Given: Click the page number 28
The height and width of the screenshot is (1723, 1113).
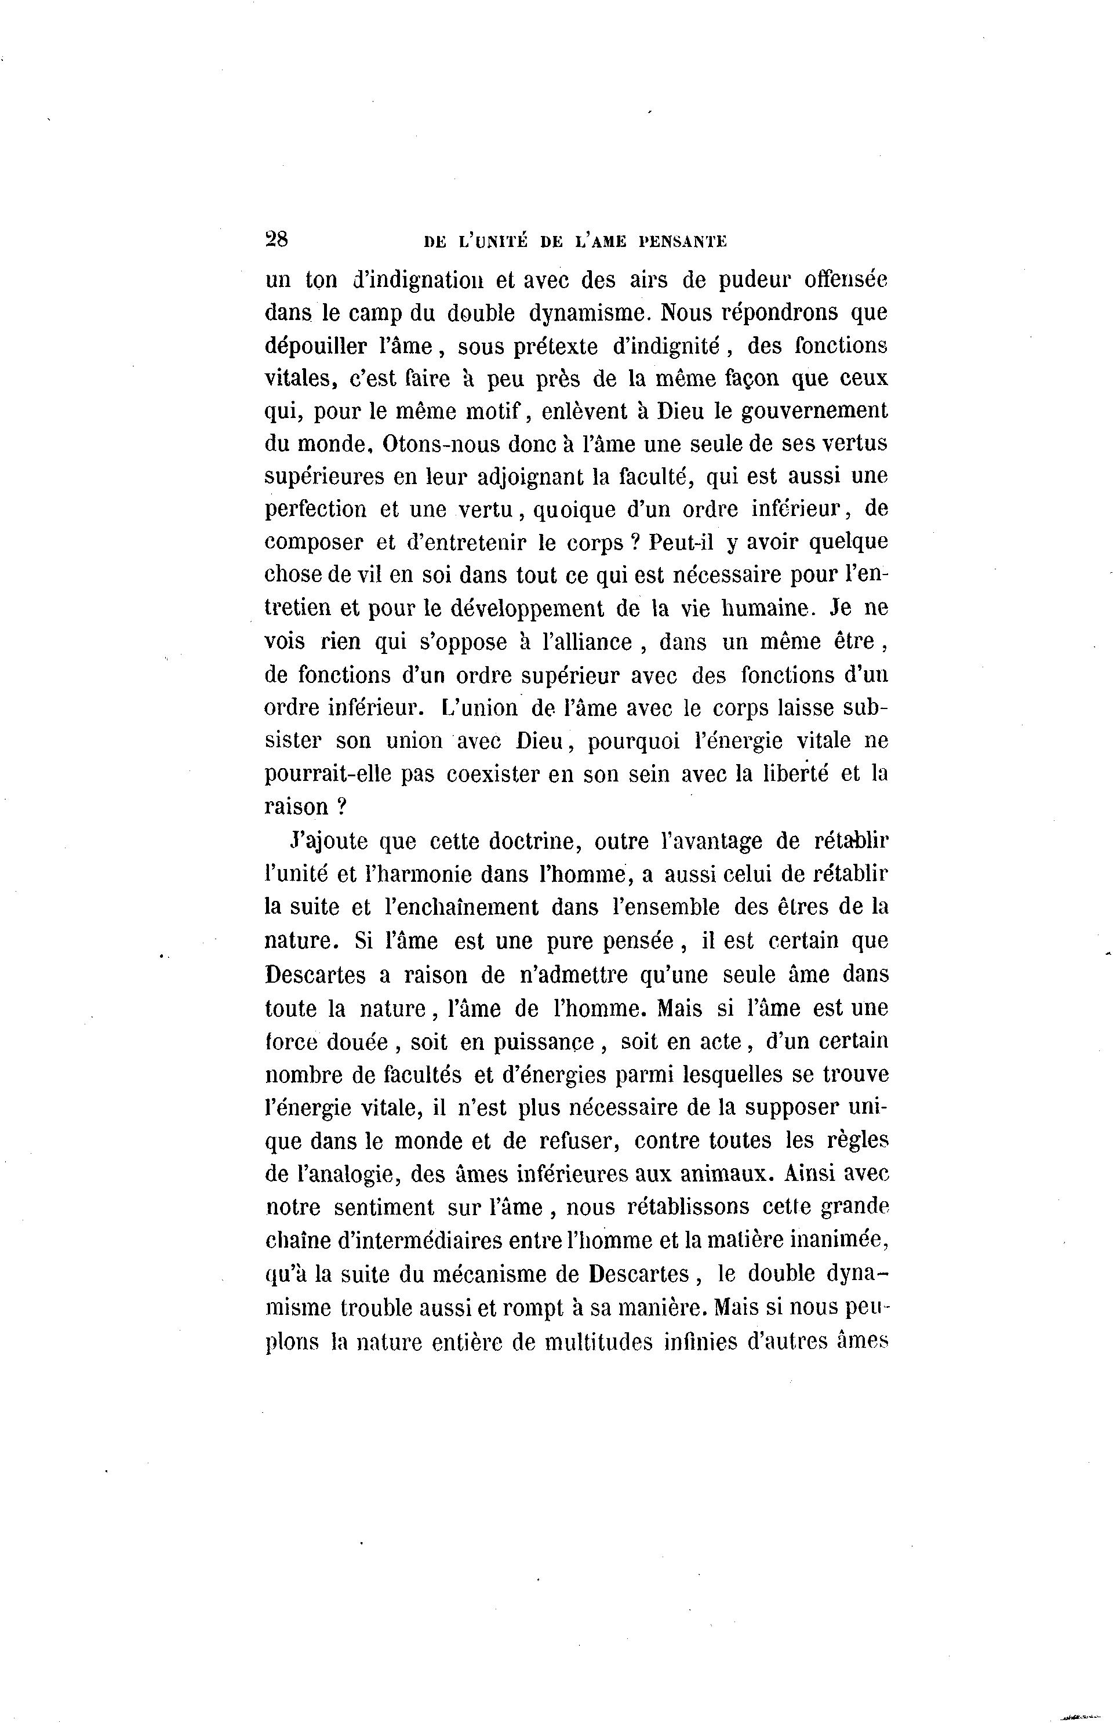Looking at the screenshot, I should click(x=277, y=240).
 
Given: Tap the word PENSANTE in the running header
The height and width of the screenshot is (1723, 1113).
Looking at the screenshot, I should click(x=682, y=242).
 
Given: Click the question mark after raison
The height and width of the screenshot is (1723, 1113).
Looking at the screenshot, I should click(x=343, y=808).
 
